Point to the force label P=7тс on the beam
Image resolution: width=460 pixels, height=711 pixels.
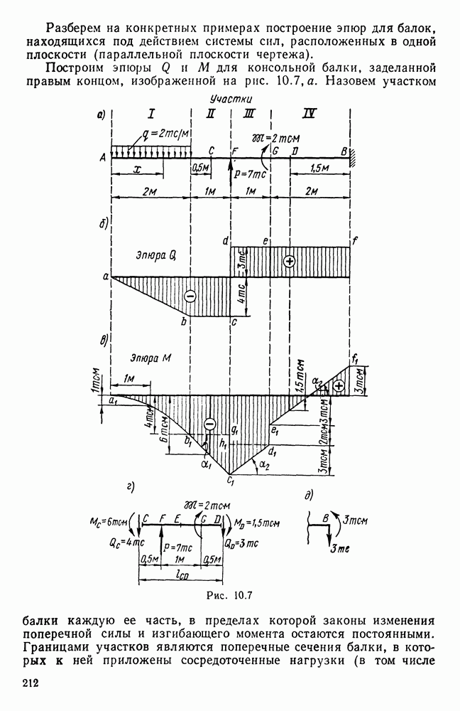248,172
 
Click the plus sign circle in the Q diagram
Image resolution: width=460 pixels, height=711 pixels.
290,261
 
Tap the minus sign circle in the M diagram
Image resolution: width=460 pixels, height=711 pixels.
209,424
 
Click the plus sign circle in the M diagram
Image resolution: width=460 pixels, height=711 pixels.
339,385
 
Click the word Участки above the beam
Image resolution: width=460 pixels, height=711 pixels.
228,100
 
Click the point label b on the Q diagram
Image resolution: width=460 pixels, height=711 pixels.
184,323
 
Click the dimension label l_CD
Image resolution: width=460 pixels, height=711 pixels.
182,576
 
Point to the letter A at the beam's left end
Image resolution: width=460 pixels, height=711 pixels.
104,158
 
